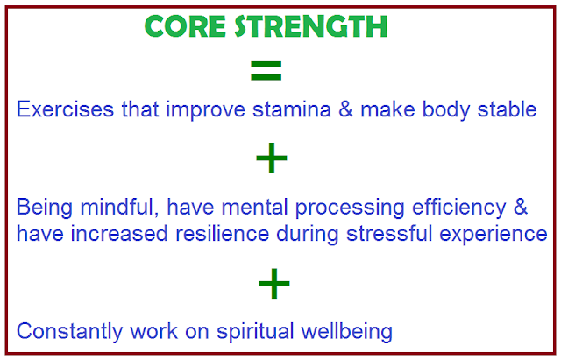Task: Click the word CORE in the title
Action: click(185, 26)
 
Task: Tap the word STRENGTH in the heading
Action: click(311, 26)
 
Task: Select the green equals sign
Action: click(266, 70)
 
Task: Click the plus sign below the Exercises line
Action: click(272, 158)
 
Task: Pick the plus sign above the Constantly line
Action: click(274, 283)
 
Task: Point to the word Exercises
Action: click(65, 109)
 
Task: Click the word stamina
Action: click(292, 109)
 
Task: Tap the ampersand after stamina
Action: click(345, 109)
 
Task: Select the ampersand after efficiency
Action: click(521, 207)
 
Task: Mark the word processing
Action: click(350, 208)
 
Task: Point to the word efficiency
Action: click(459, 208)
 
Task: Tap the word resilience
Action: click(222, 234)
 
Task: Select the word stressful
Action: click(389, 234)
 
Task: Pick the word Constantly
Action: click(69, 332)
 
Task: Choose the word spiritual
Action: click(255, 332)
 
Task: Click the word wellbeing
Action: click(347, 332)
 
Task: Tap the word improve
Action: click(205, 110)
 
